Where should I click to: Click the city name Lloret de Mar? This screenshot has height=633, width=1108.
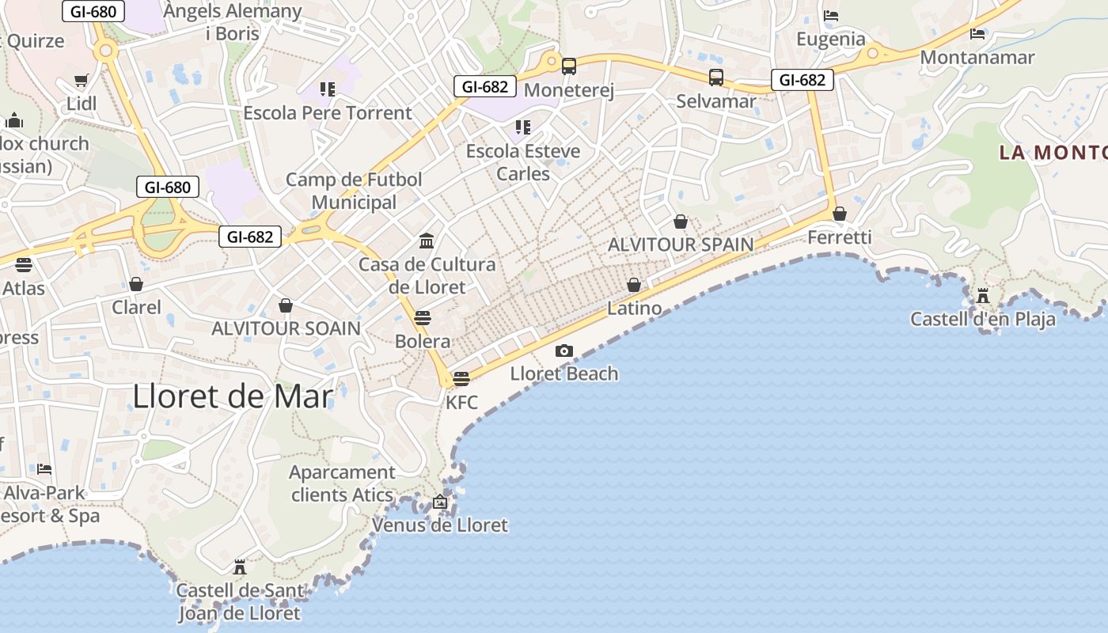coord(232,396)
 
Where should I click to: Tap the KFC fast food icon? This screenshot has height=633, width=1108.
coord(461,378)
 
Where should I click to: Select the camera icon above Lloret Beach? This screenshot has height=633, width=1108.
coord(563,351)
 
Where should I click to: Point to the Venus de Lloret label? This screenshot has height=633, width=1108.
coord(440,525)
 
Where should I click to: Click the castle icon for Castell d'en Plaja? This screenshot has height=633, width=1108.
coord(983,296)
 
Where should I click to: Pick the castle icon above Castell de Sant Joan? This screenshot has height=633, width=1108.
coord(239,567)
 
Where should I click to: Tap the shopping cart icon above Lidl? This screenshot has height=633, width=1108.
coord(81,80)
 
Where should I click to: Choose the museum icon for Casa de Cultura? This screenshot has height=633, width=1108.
coord(427,241)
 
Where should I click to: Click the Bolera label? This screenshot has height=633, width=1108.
coord(423,342)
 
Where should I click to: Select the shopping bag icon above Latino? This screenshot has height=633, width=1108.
coord(634,285)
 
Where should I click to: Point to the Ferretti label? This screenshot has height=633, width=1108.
coord(840,237)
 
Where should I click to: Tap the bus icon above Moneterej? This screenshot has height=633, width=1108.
coord(568,66)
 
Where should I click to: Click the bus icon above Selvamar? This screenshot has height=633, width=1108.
coord(716,78)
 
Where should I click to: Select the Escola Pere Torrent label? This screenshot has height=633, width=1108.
coord(328,113)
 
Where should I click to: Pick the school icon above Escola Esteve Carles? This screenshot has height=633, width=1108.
coord(522,127)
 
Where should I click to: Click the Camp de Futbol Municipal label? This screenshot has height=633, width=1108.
coord(354,191)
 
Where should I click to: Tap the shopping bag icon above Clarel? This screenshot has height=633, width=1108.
coord(136,284)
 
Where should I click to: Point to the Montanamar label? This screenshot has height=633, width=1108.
coord(977,58)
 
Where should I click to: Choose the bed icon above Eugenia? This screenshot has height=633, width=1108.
coord(831,15)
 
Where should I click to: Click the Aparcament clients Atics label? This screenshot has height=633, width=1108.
coord(342,483)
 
